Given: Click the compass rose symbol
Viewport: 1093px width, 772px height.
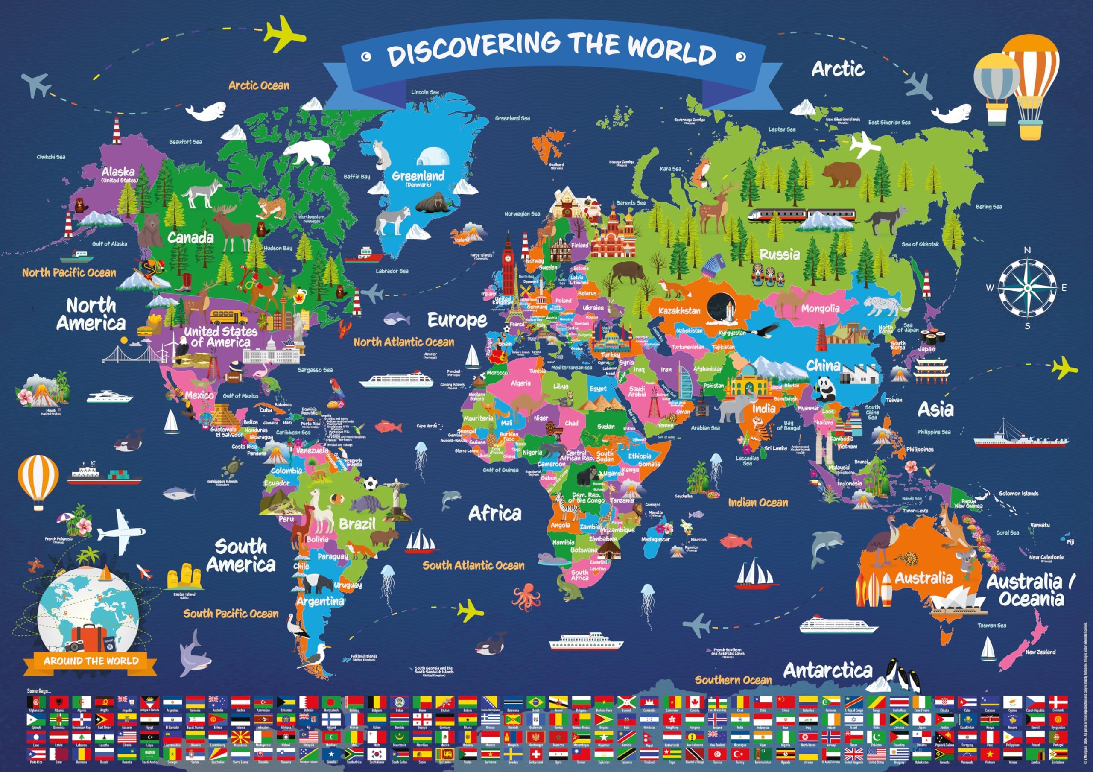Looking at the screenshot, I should point(1027,287).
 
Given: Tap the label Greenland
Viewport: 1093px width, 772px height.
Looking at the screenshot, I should point(418,175).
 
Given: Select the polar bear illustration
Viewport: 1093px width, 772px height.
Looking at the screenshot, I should point(307,151).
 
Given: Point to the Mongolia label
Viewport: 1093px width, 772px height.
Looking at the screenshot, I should point(820,308).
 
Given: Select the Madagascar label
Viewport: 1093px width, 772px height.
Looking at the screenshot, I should point(655,539).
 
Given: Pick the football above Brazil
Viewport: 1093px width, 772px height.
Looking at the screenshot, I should point(370,484).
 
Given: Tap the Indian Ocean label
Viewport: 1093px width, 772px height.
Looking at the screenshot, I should point(758,503).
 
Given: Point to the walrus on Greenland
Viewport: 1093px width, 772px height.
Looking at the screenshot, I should point(431,202).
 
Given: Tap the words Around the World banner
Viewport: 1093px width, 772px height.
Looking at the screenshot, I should point(91,661).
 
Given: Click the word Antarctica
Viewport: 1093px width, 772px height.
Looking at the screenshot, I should point(828,671).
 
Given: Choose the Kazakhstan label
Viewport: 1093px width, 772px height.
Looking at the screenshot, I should point(679,311).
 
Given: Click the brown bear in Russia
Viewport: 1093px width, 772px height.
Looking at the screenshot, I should point(841,174).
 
